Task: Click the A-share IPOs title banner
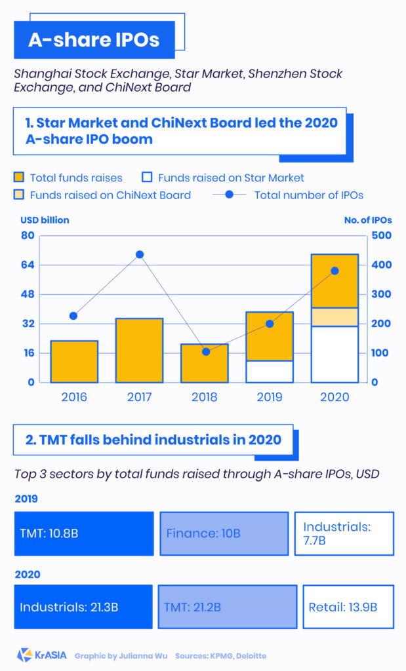pos(94,40)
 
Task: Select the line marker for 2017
pos(139,254)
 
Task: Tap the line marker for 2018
pos(206,352)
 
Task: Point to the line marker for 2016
pos(73,316)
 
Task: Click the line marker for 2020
pos(335,271)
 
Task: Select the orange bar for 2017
pos(139,350)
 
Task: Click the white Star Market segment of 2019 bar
pos(270,372)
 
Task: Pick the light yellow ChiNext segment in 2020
pos(335,316)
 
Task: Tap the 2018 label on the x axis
pos(205,397)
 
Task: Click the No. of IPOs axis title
pos(367,220)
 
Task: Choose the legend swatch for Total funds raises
pos(20,178)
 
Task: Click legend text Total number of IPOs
pos(308,195)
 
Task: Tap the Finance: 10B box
pos(224,533)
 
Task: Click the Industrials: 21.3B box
pos(83,607)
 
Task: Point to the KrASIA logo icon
pos(24,655)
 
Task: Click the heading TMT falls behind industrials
pos(153,440)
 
